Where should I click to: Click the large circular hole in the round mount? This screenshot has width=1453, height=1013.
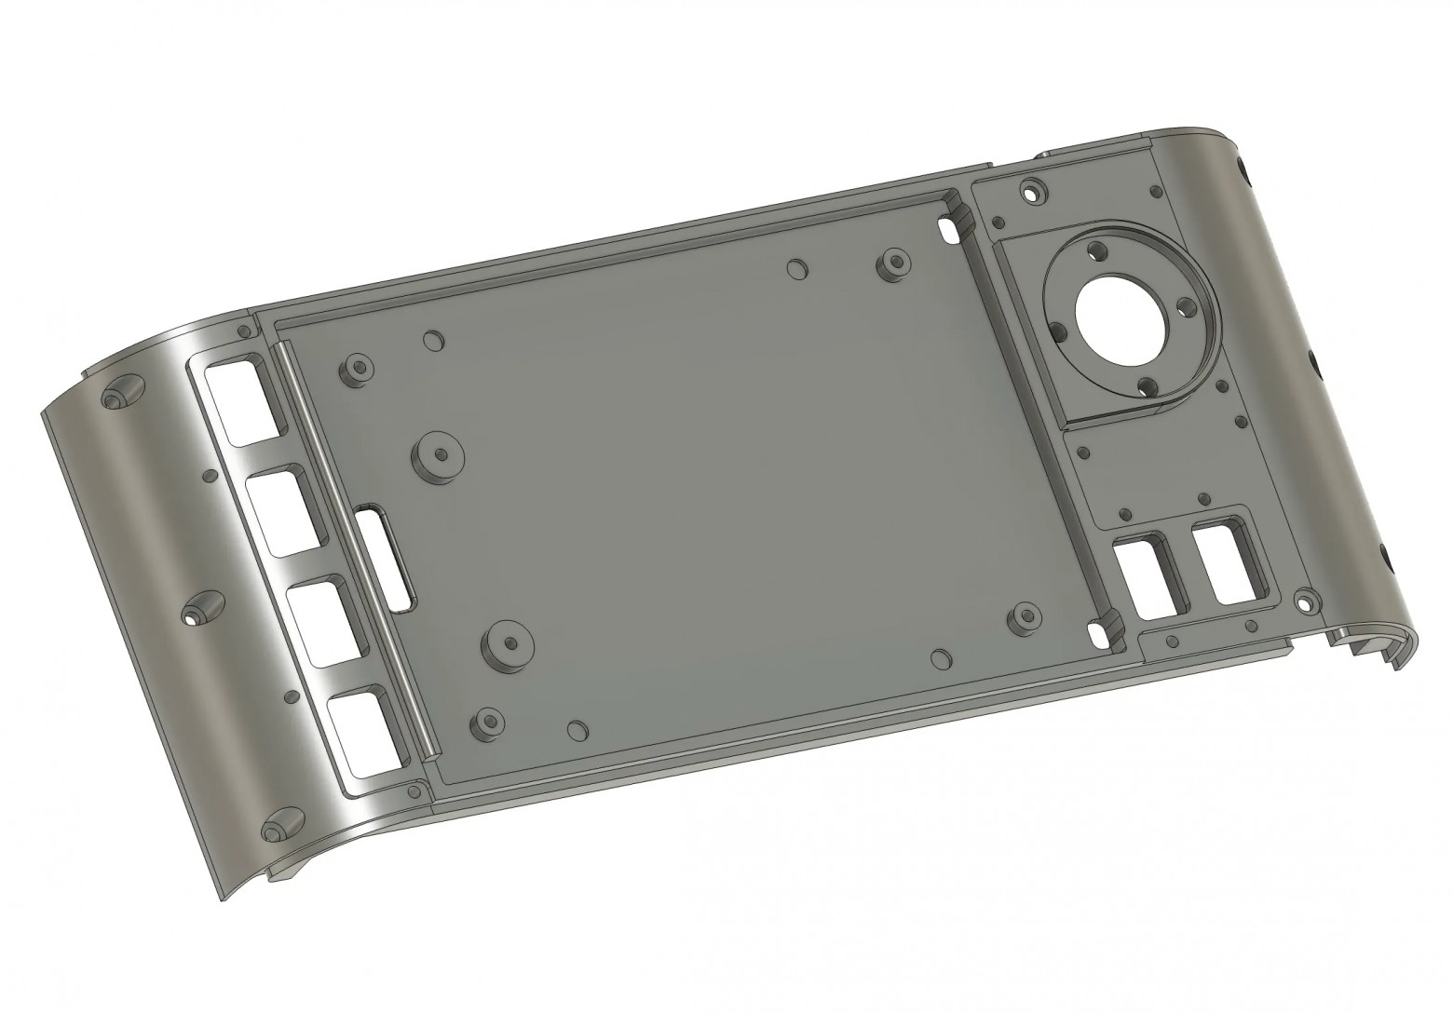coord(1120,319)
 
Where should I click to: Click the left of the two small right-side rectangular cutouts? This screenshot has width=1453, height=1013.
coord(1143,579)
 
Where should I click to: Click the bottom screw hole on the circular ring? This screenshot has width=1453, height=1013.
coord(1147,386)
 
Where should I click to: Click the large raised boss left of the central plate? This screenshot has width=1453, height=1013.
coord(438,457)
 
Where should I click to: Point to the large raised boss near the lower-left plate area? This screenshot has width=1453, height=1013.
coord(508,644)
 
